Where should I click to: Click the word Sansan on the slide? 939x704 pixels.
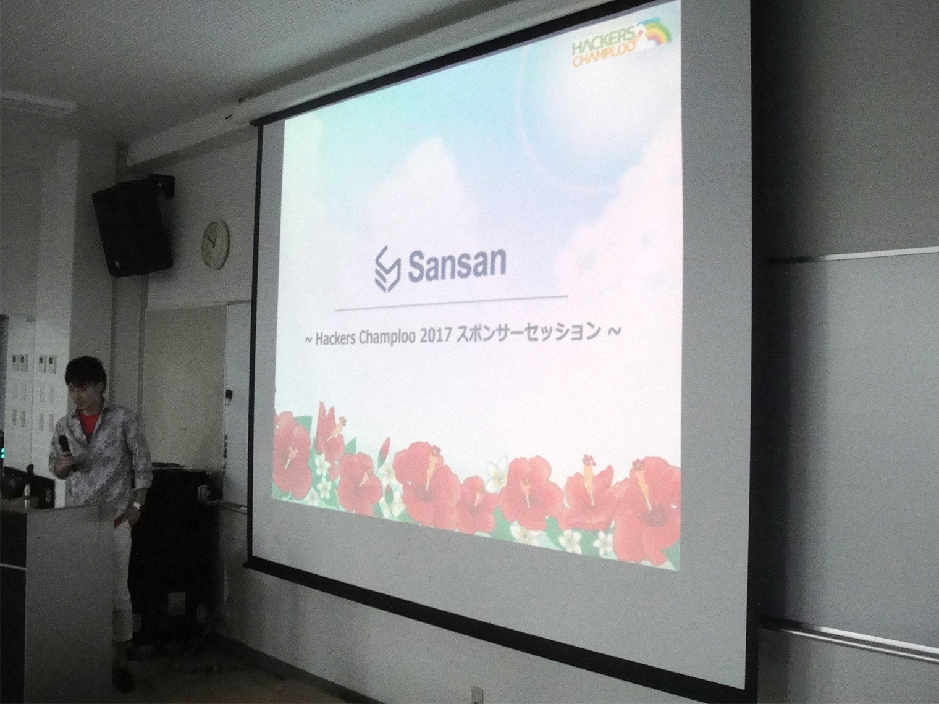tap(457, 266)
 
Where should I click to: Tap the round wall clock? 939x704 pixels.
tap(215, 245)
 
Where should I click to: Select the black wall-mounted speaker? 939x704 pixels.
tap(133, 225)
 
